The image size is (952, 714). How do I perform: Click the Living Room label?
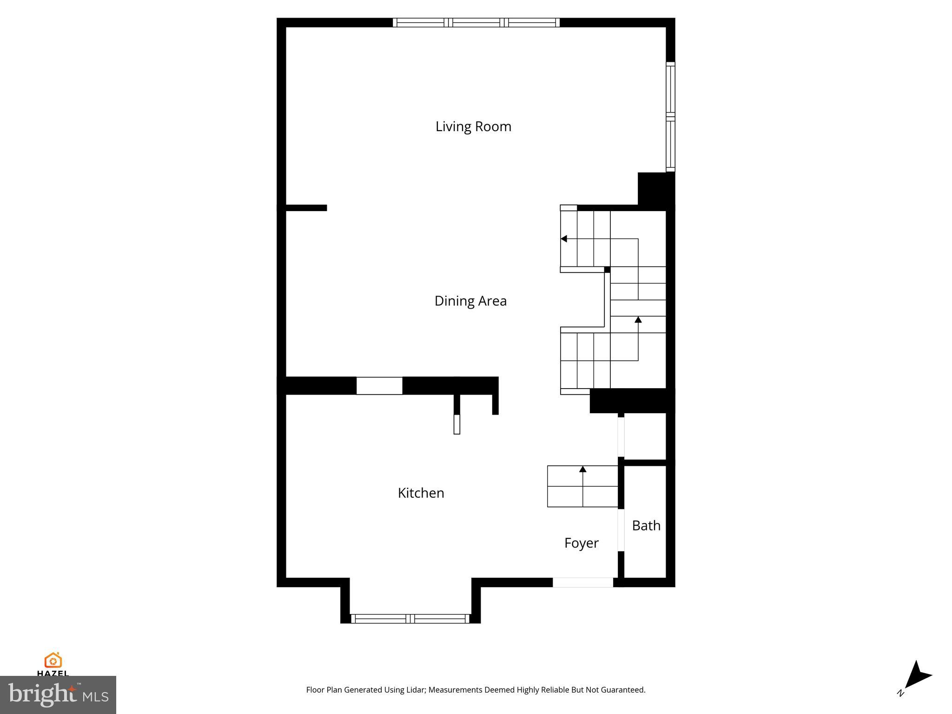pos(473,126)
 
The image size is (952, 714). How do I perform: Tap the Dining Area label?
pos(470,301)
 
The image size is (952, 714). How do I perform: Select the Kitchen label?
pos(421,493)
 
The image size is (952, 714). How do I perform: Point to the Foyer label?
pos(581,543)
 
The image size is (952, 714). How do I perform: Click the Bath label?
pos(646,525)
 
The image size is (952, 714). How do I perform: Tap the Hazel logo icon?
pos(53,660)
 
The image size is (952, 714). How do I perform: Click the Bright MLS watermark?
pos(58,694)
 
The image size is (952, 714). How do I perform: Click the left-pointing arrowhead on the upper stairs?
pos(564,239)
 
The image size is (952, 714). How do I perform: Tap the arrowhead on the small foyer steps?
pos(583,469)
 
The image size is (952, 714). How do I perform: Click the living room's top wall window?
pos(476,22)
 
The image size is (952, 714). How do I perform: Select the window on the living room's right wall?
pos(670,117)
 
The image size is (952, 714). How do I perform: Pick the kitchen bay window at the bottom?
pos(410,618)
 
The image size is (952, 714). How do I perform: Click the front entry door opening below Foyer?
pos(582,582)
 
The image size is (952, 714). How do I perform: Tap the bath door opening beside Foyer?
pos(621,530)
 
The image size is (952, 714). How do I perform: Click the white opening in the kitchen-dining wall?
pos(379,386)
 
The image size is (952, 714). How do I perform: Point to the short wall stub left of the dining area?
pos(306,208)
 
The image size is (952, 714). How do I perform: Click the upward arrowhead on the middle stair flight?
pos(638,320)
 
